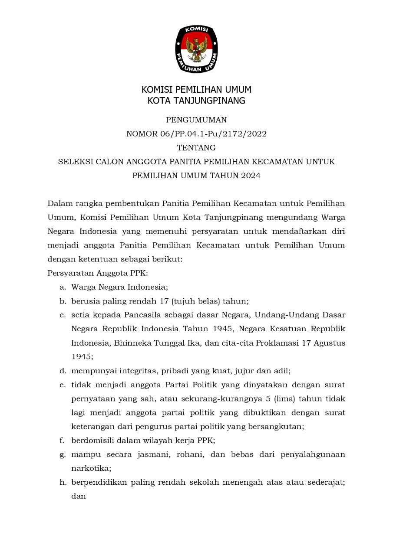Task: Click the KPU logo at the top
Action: coord(196,49)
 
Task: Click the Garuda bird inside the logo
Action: coord(196,49)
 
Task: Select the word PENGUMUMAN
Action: coord(196,120)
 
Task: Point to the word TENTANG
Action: coord(196,148)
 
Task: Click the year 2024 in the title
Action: coord(251,176)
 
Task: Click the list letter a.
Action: coord(63,287)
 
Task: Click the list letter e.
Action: coord(63,385)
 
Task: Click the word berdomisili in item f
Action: coord(92,440)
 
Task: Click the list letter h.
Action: coord(63,483)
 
